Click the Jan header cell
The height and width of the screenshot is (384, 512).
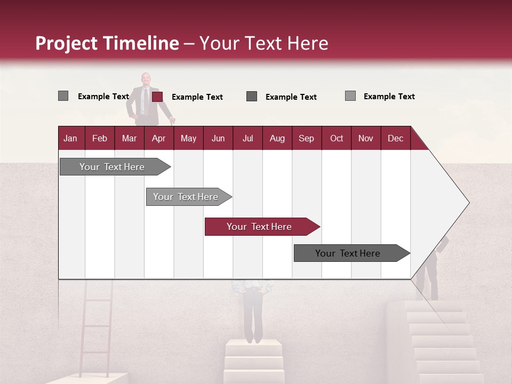70,138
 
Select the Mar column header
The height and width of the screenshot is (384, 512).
129,138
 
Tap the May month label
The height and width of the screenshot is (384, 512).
188,138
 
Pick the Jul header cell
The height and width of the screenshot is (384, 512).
247,138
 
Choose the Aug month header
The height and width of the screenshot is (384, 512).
277,138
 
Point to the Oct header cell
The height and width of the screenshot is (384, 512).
336,138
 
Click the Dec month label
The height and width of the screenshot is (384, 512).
395,138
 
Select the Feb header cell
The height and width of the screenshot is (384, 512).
100,138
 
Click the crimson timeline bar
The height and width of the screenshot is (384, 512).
260,227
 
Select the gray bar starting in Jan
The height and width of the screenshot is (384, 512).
113,167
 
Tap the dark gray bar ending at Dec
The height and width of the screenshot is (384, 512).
348,253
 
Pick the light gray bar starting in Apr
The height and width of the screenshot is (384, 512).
186,197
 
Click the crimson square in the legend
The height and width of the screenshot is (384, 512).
157,97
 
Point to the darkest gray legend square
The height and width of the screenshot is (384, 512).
252,96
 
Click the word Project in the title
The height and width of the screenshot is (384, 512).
67,43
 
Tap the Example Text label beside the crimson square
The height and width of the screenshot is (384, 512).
197,97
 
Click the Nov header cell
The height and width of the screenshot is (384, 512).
365,138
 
